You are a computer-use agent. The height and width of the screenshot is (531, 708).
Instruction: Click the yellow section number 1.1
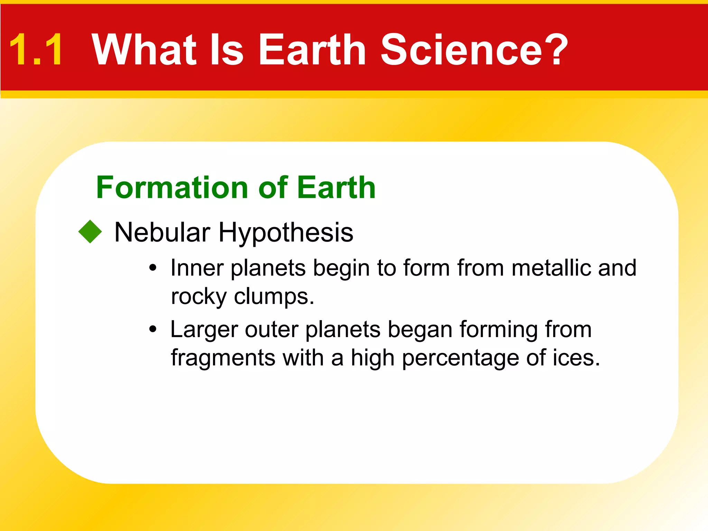pos(36,49)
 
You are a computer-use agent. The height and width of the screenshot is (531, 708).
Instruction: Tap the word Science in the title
pos(462,49)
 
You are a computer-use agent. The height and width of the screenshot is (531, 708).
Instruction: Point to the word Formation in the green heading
pos(172,188)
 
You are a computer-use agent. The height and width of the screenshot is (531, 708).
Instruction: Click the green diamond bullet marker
pos(90,232)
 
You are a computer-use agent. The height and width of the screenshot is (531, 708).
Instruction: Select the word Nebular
pos(162,232)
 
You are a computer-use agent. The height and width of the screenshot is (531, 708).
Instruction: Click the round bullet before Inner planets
pos(153,268)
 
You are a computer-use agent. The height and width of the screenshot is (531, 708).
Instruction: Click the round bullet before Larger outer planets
pos(153,329)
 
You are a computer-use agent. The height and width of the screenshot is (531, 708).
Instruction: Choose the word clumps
pos(274,297)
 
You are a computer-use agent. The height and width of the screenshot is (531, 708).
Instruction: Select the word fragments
pos(223,358)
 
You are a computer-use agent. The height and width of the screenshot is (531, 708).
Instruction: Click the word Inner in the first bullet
pos(197,268)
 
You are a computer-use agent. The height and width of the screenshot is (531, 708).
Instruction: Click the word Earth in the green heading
pos(336,188)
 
